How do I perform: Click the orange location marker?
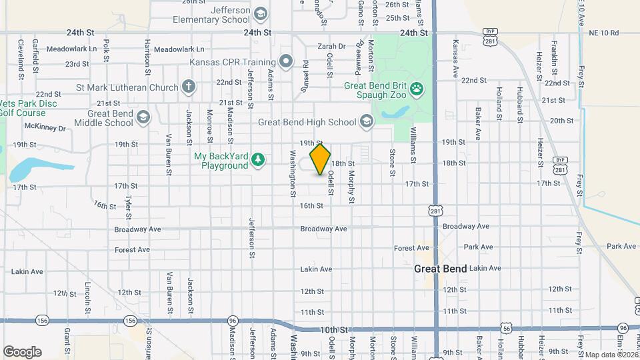(321, 159)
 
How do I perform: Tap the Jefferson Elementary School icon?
(261, 14)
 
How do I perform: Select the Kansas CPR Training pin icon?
(286, 63)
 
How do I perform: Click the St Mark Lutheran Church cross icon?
(189, 87)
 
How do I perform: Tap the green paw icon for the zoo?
(417, 87)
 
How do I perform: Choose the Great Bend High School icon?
(366, 121)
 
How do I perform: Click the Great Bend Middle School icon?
(143, 118)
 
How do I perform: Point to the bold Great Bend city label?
(440, 269)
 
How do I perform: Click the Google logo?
(22, 351)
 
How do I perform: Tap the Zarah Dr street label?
(331, 47)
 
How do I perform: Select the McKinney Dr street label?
(45, 127)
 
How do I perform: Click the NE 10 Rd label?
(605, 33)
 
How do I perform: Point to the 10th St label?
(334, 330)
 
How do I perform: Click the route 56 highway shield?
(507, 328)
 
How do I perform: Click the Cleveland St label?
(21, 56)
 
